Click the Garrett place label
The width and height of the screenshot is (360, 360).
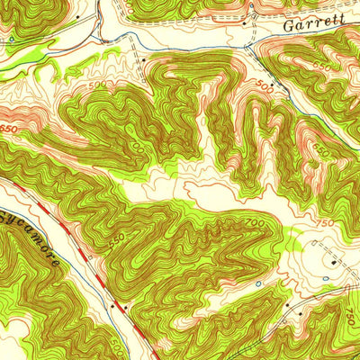[313, 25]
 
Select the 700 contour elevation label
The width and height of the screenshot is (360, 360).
[255, 222]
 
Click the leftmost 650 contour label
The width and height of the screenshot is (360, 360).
[9, 128]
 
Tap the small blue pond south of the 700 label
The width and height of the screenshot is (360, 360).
[258, 284]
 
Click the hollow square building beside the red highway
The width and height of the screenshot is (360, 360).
[125, 307]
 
